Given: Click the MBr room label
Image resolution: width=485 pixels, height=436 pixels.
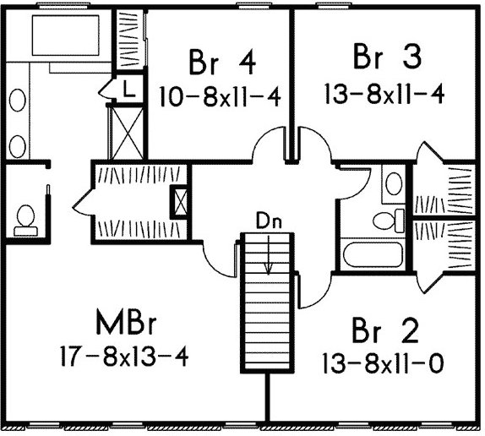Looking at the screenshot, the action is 126,322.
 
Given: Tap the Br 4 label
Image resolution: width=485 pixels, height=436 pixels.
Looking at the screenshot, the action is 222,63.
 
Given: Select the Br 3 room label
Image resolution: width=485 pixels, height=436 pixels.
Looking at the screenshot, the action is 387,57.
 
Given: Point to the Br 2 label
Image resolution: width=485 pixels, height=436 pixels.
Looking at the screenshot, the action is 385,330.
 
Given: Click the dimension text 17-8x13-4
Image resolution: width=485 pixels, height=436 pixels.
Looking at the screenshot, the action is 124,356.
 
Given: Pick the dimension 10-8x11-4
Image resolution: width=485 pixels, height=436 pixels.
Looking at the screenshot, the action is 220,96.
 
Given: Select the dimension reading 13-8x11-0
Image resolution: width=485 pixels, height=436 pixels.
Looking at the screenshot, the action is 384,363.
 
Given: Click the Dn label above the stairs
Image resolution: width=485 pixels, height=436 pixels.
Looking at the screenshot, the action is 269,221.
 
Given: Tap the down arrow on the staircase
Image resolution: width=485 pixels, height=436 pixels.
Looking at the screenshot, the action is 268,255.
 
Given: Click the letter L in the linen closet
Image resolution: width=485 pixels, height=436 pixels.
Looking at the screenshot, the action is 129,89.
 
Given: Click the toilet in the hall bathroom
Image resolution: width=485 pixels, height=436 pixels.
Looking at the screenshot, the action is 389,221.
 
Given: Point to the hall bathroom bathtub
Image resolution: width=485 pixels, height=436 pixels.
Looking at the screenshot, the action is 373,255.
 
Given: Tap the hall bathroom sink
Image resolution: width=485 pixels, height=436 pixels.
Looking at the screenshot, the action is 394,183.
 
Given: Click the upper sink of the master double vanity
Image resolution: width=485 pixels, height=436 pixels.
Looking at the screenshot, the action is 18,100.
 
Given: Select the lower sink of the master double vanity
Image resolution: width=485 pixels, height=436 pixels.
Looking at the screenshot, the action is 18,146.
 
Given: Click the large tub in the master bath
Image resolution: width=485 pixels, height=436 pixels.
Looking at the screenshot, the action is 66,35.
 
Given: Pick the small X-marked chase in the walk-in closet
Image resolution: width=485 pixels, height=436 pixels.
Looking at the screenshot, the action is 180,202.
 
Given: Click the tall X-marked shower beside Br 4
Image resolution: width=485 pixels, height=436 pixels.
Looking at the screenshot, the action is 127,133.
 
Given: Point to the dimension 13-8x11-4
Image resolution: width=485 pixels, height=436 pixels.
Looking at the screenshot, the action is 384,94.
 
